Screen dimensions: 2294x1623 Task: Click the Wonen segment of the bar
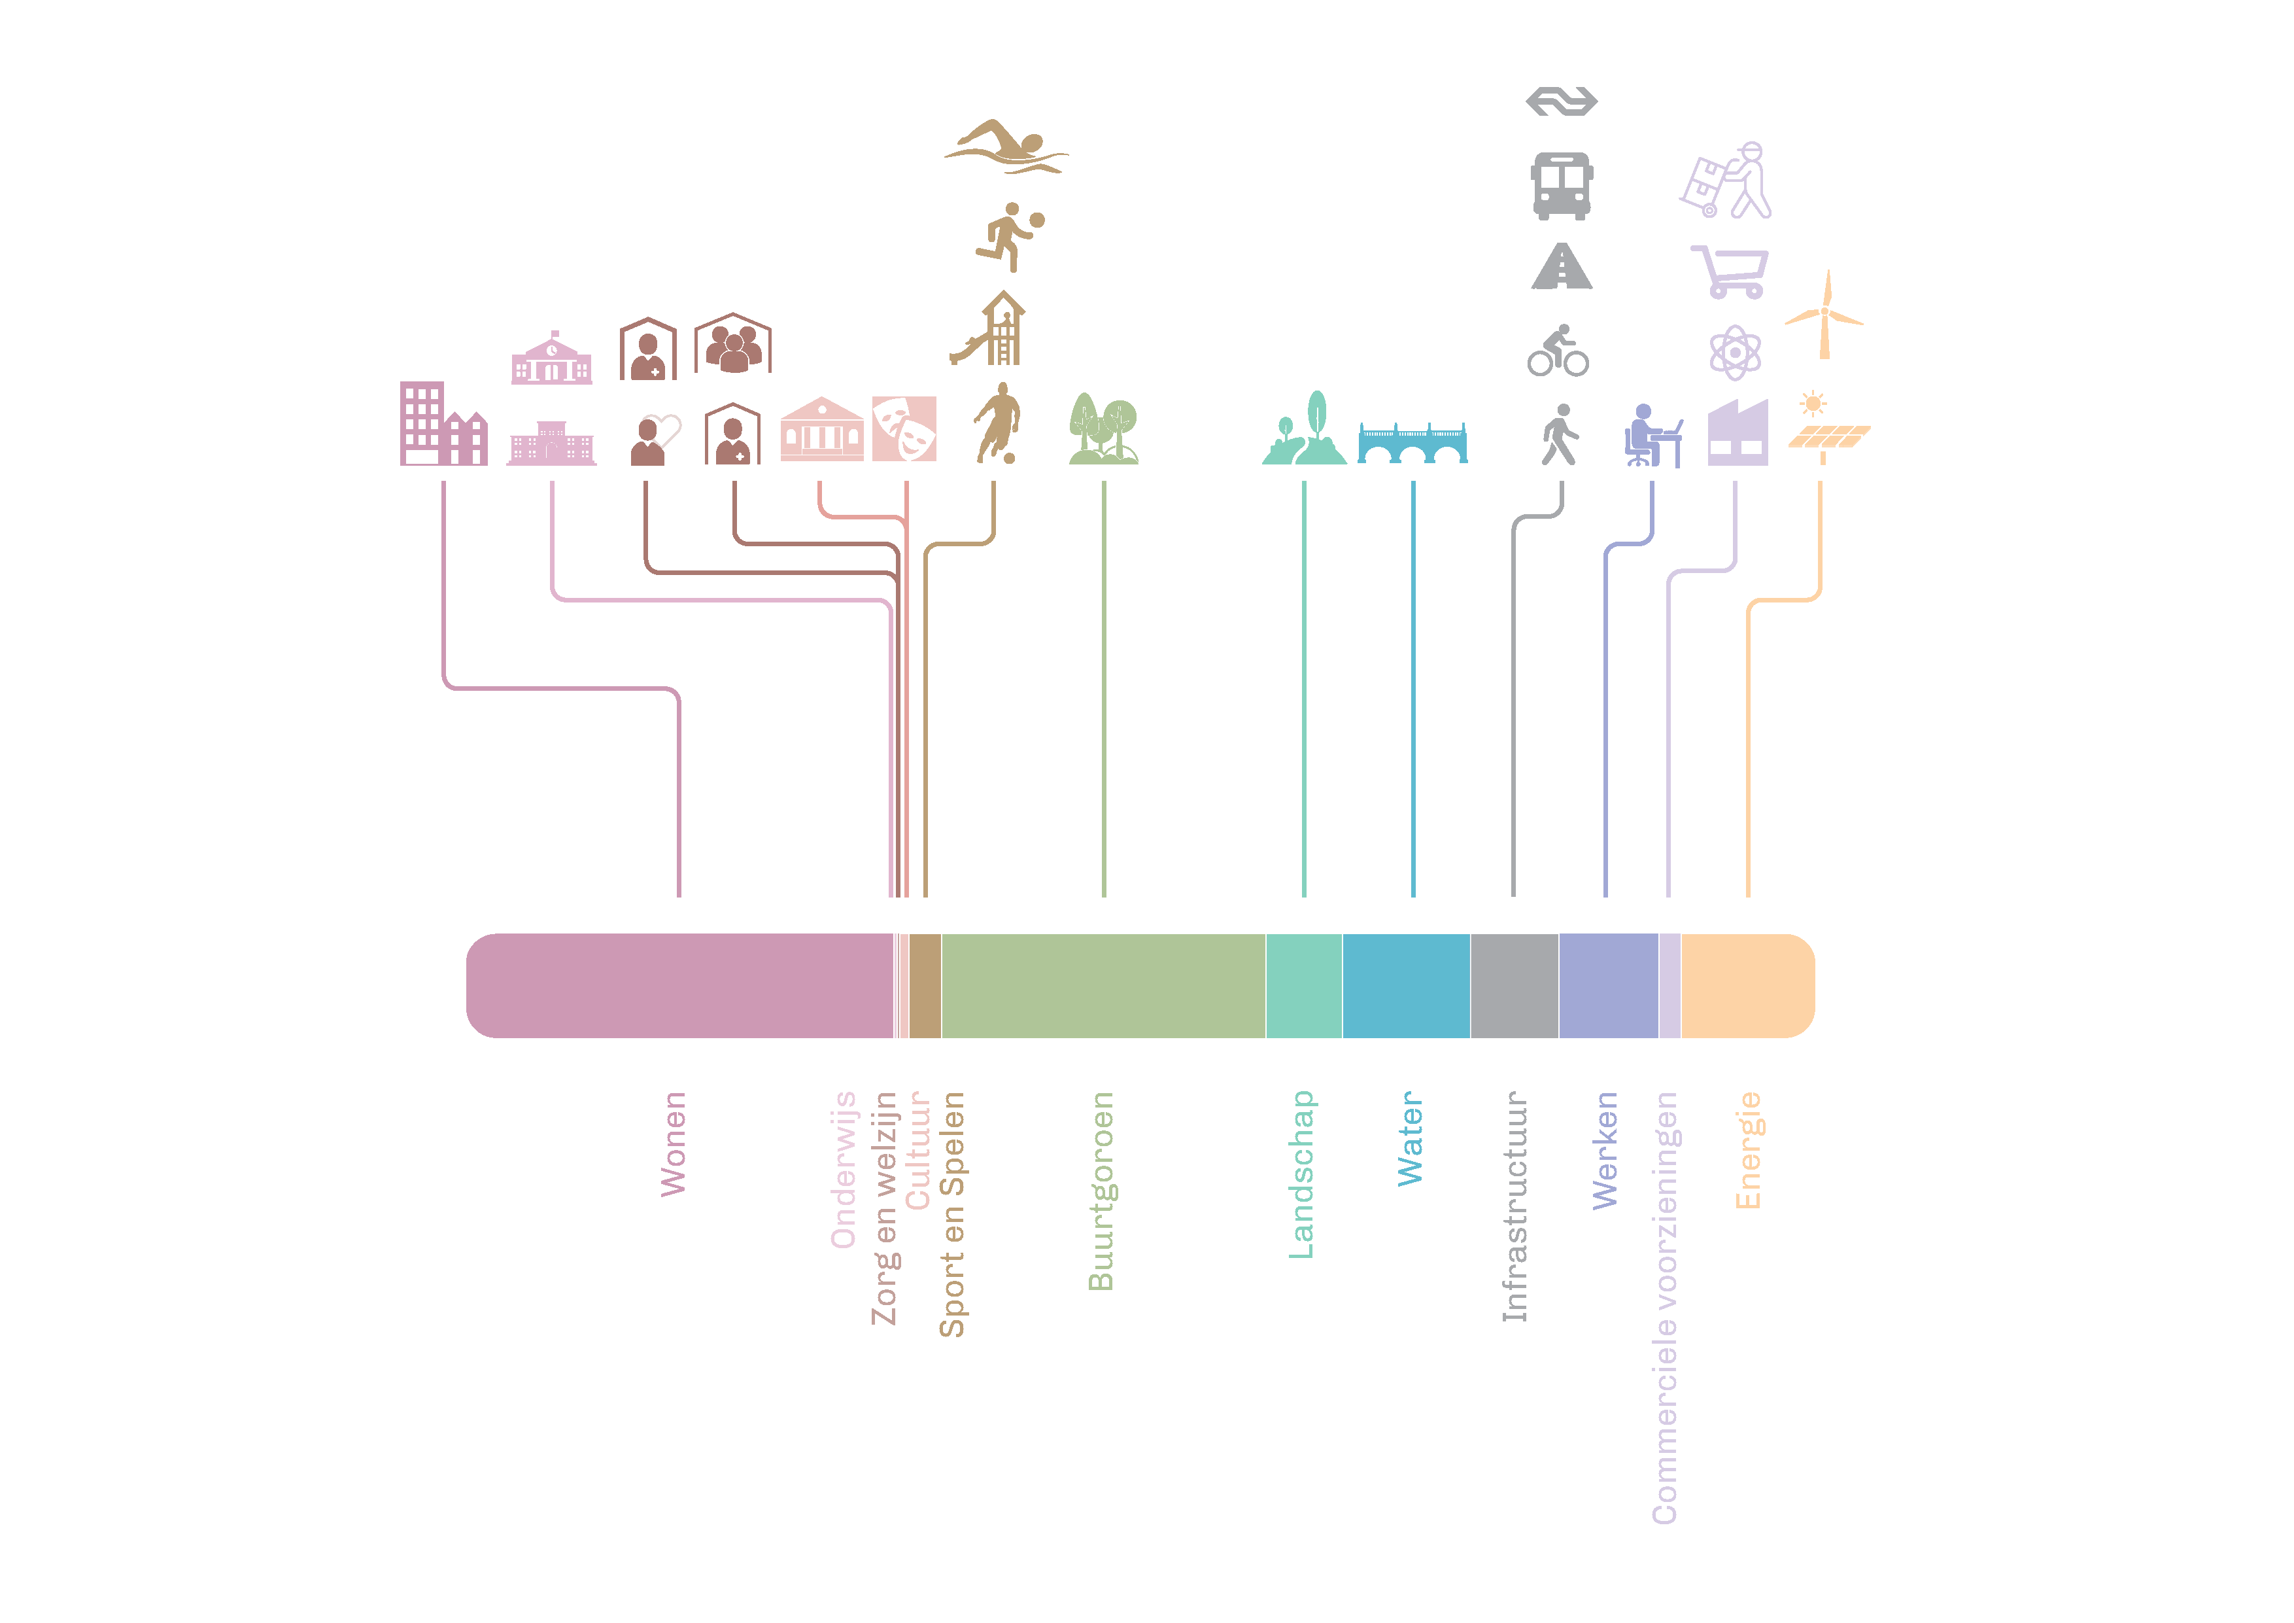pyautogui.click(x=679, y=985)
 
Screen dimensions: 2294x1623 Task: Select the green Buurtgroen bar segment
pyautogui.click(x=1103, y=985)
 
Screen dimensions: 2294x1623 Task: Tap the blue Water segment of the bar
pyautogui.click(x=1406, y=985)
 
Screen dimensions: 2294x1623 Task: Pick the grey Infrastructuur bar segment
pyautogui.click(x=1514, y=985)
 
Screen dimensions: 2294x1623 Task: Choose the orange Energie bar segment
pyautogui.click(x=1747, y=985)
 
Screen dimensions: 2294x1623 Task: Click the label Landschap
pyautogui.click(x=1301, y=1174)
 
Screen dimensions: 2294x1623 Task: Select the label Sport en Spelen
pyautogui.click(x=951, y=1214)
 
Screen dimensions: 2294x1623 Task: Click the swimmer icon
pyautogui.click(x=1006, y=147)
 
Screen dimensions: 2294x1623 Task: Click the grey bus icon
pyautogui.click(x=1562, y=186)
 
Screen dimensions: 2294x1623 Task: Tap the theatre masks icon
pyautogui.click(x=904, y=428)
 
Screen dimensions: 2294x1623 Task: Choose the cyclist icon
pyautogui.click(x=1558, y=350)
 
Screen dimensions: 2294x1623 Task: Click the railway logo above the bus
pyautogui.click(x=1562, y=101)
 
